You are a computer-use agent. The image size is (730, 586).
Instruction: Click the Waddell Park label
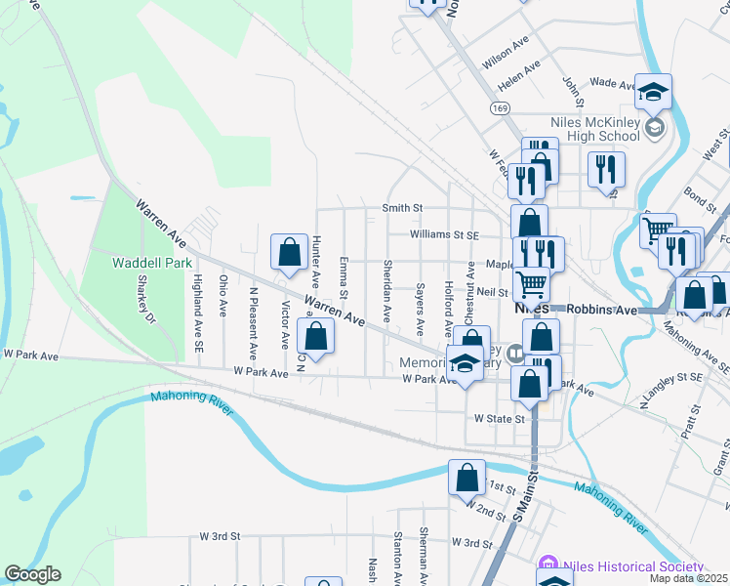click(151, 263)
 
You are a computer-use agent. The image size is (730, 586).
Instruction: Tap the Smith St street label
click(402, 208)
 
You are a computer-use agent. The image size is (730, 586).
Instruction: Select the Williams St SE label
click(444, 234)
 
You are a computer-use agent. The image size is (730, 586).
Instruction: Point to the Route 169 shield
click(501, 107)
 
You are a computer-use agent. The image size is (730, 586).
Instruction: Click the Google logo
click(32, 574)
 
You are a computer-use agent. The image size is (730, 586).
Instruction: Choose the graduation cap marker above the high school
click(653, 94)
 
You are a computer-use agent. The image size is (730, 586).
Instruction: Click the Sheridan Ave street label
click(387, 292)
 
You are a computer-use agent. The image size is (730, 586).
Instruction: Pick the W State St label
click(499, 418)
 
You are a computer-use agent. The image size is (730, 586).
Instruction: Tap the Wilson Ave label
click(505, 56)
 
